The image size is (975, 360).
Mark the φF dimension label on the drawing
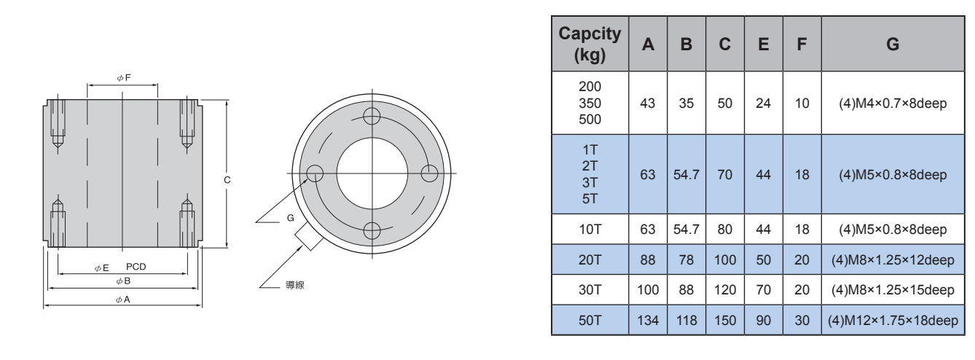[x=123, y=77]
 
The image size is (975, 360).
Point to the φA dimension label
[x=123, y=299]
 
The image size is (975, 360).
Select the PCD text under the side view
[x=136, y=267]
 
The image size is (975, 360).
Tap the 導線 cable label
[x=294, y=285]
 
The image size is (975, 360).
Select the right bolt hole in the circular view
[x=429, y=173]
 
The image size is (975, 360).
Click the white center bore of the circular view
[x=372, y=173]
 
